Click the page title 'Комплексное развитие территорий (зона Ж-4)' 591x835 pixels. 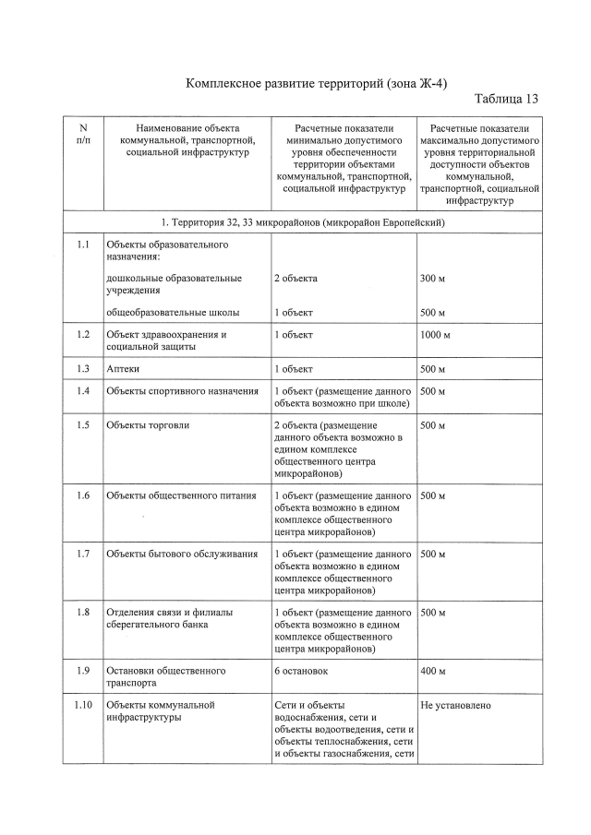tap(317, 84)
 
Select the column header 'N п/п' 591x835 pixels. tap(83, 134)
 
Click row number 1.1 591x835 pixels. tap(83, 245)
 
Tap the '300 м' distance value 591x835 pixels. tap(432, 278)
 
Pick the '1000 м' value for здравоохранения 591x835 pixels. tap(435, 334)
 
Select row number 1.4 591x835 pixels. tap(83, 391)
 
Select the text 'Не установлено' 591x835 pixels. tap(455, 706)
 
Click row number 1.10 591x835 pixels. tap(83, 706)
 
